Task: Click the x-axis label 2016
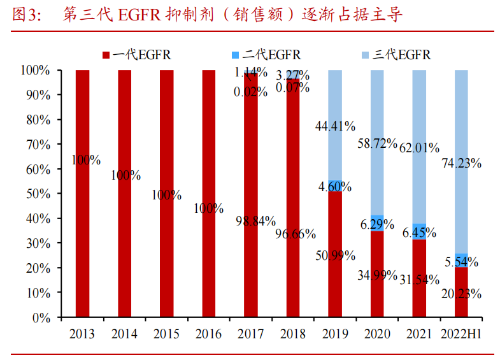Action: click(209, 335)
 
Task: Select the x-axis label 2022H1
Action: click(461, 335)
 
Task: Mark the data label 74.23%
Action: click(461, 163)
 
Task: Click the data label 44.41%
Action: click(335, 126)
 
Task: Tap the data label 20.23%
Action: click(461, 294)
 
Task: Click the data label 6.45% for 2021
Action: click(419, 233)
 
